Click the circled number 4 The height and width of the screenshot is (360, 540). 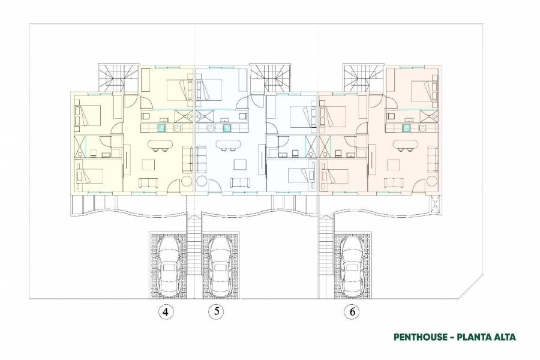(x=166, y=311)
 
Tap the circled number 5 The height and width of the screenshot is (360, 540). (x=216, y=311)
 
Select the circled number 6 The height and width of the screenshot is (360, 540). (x=352, y=311)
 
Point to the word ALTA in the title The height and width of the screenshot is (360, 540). (x=502, y=337)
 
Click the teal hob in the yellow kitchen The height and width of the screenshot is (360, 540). (x=161, y=127)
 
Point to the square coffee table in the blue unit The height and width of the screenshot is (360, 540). (x=240, y=164)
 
